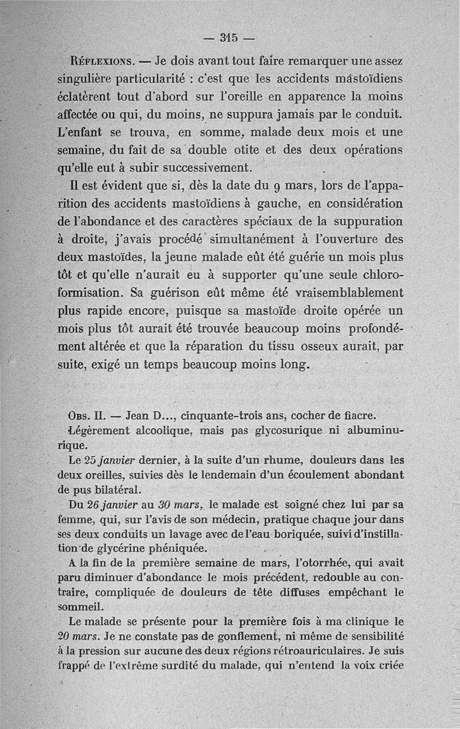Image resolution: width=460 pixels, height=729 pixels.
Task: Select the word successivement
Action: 208,168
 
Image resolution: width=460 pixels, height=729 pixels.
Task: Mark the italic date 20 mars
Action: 80,636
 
